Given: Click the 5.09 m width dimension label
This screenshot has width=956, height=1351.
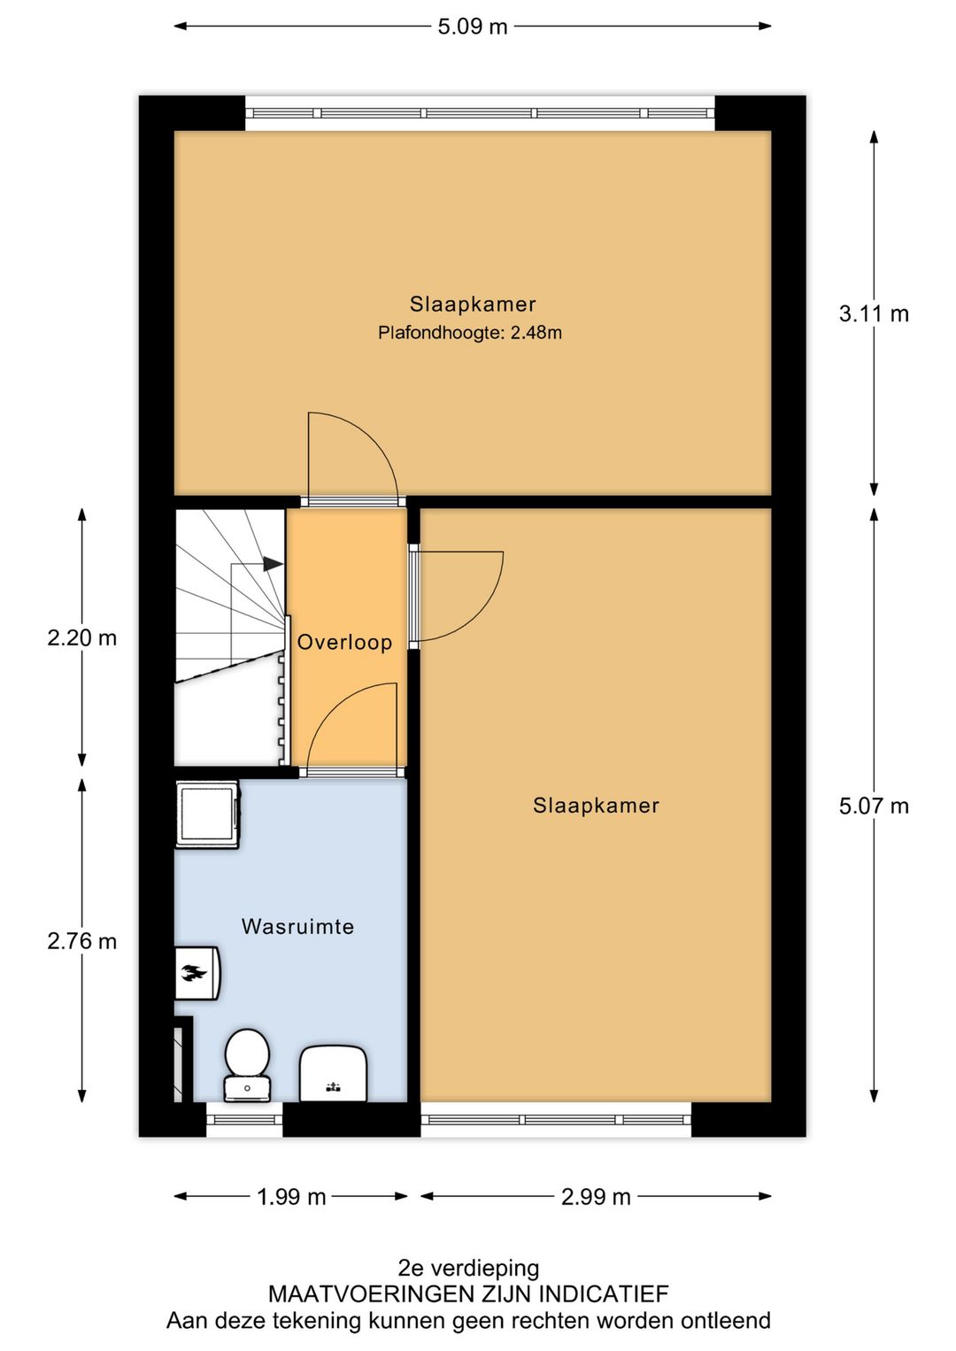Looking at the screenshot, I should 473,27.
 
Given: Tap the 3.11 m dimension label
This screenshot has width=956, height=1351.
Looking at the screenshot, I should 873,314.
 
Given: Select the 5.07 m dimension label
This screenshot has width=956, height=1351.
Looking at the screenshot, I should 873,807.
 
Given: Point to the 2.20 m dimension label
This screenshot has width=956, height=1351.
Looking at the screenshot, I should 81,638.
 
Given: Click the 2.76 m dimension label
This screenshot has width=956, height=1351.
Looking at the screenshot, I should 81,941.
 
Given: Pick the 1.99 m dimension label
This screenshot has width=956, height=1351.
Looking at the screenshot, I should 291,1197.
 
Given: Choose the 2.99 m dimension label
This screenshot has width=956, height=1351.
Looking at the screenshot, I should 596,1197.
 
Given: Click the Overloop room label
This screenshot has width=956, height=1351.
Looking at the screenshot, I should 344,643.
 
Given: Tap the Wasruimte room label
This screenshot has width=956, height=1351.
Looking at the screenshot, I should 297,927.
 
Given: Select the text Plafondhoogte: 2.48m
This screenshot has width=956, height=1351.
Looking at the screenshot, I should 469,334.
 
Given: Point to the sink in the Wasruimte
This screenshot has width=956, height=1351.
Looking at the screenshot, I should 333,1073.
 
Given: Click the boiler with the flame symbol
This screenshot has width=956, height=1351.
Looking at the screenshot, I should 196,973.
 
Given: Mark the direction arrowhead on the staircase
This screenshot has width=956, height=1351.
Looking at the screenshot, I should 273,563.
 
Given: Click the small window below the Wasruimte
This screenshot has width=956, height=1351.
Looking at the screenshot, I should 244,1120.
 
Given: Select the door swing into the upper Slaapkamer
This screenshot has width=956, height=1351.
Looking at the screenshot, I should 351,458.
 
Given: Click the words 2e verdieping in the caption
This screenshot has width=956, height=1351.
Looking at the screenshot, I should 468,1268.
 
